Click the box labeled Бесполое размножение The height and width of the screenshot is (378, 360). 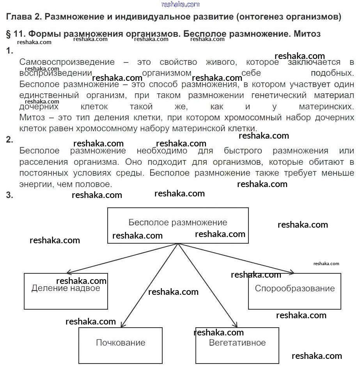[178, 225]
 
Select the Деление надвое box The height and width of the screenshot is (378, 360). [66, 291]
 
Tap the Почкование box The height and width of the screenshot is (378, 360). [121, 345]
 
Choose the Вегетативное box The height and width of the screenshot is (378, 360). [237, 345]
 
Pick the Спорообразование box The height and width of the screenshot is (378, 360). [294, 291]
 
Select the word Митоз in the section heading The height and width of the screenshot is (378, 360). [307, 34]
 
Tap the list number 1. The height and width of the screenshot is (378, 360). [9, 51]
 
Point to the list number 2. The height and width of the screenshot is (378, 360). [9, 140]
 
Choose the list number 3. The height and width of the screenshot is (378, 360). [9, 195]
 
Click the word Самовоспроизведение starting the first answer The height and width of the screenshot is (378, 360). [67, 62]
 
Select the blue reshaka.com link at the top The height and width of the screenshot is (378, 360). [180, 4]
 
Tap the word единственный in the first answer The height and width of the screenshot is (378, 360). [49, 95]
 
